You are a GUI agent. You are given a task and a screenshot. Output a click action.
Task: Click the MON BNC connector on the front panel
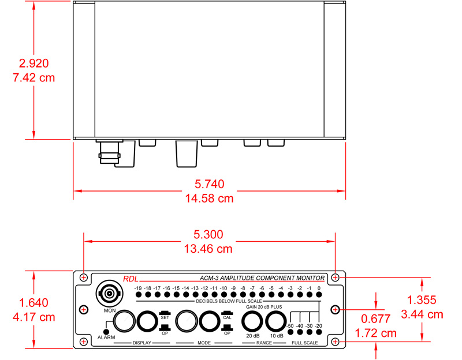tap(110, 294)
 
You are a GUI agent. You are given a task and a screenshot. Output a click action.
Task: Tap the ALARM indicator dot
tap(107, 331)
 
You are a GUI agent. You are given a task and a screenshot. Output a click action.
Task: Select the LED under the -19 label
tap(137, 295)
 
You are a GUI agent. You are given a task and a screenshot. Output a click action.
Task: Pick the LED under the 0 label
tap(319, 295)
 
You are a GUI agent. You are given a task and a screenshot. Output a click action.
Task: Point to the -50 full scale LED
tap(290, 333)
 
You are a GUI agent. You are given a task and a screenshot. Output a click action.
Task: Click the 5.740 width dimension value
tap(209, 185)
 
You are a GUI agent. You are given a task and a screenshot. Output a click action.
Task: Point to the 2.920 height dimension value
tap(33, 63)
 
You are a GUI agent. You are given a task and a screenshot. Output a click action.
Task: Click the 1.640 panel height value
tap(33, 303)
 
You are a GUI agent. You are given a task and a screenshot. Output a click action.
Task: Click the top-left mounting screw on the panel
tap(84, 278)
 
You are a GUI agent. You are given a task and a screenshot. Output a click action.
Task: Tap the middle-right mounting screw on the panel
tap(335, 310)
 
